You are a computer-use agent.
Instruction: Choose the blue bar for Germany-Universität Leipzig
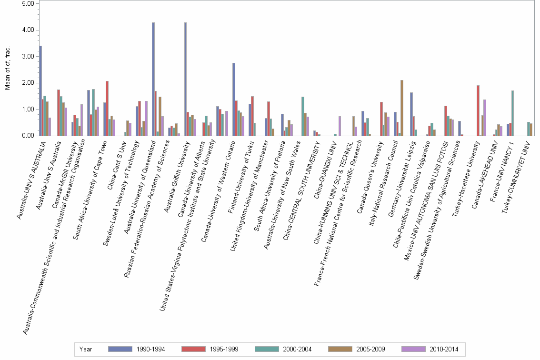pos(411,114)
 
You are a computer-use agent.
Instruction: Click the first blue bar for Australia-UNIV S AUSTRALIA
pos(40,90)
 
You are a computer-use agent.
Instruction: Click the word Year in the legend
pos(86,349)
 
